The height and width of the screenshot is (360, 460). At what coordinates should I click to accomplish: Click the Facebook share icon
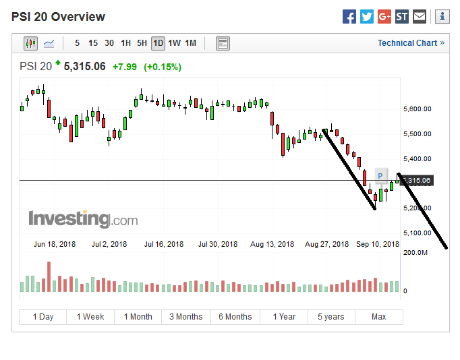point(349,17)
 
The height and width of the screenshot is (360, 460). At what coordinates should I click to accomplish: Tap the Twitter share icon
point(367,17)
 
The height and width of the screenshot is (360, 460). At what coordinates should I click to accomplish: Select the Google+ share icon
point(384,17)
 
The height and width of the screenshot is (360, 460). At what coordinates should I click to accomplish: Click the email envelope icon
point(420,17)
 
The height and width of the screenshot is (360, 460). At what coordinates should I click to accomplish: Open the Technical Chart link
point(411,43)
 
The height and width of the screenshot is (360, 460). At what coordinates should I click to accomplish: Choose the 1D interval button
point(158,43)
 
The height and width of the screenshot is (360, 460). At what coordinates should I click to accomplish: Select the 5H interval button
point(142,43)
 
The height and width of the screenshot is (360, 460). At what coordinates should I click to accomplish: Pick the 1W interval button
point(174,43)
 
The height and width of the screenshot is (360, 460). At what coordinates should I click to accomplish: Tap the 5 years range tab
point(331,317)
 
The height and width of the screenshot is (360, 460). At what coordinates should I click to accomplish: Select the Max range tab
point(378,317)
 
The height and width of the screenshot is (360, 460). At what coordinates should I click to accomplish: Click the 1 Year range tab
point(284,317)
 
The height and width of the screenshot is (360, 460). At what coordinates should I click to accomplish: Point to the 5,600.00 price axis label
point(417,109)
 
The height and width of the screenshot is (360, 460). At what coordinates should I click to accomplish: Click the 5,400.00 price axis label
point(417,159)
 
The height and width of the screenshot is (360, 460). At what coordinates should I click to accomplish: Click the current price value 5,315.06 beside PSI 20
point(84,66)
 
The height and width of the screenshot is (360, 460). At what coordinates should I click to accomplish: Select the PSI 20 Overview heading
point(58,17)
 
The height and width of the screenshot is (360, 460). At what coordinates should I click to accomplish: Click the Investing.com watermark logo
point(83,219)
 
